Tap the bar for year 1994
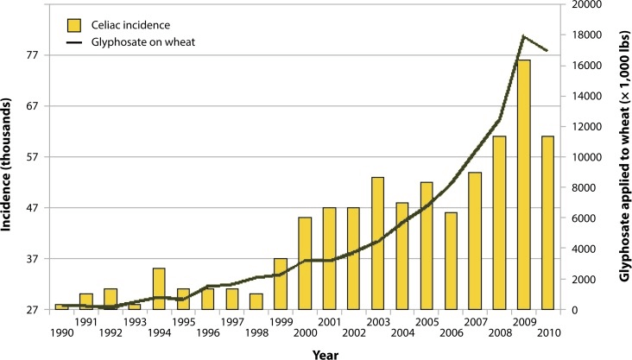(x=158, y=288)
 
